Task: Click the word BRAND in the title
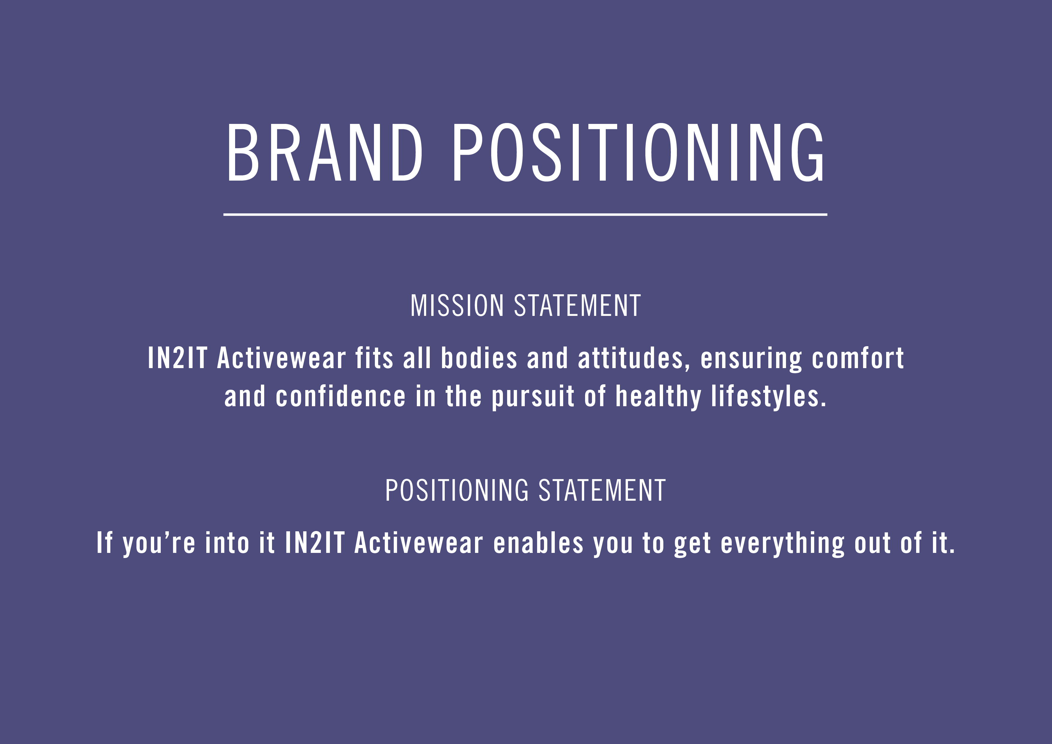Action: click(x=324, y=153)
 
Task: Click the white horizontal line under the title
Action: click(x=525, y=214)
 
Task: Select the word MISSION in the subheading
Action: click(x=457, y=305)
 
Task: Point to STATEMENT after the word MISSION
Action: click(x=577, y=305)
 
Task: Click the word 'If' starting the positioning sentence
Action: click(x=104, y=543)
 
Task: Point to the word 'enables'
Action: click(x=538, y=543)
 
